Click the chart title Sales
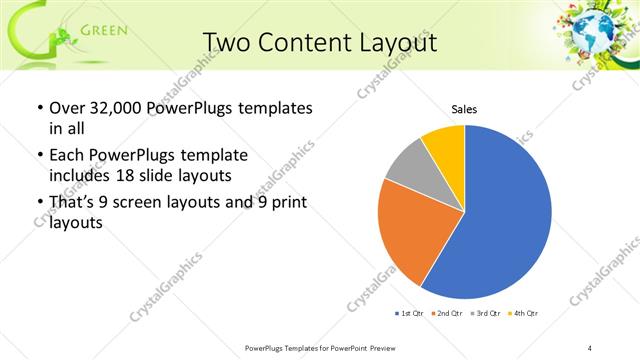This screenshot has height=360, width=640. pyautogui.click(x=464, y=108)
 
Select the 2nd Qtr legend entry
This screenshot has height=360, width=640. pyautogui.click(x=446, y=314)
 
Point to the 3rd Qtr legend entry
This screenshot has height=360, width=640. pyautogui.click(x=484, y=314)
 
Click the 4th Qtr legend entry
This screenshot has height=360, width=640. pyautogui.click(x=522, y=314)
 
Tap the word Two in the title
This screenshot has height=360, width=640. pyautogui.click(x=226, y=43)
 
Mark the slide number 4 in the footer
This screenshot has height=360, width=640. pyautogui.click(x=590, y=347)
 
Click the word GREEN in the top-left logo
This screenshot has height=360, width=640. pyautogui.click(x=103, y=29)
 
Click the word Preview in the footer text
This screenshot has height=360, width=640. pyautogui.click(x=396, y=347)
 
